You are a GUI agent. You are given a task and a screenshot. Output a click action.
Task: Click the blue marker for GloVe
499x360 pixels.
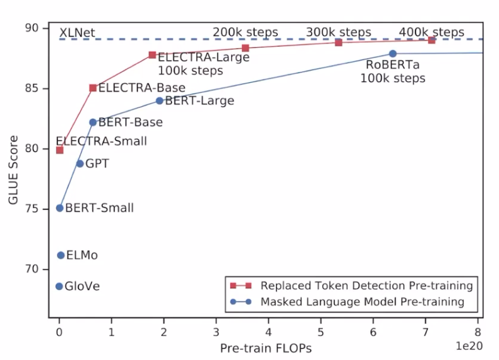59,286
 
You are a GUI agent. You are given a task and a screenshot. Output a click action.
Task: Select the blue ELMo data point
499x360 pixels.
61,255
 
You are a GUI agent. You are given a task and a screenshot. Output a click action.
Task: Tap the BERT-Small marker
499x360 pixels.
59,208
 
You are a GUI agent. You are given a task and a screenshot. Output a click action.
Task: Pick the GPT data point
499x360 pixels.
80,164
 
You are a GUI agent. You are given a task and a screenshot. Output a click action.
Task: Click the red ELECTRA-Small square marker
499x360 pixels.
59,150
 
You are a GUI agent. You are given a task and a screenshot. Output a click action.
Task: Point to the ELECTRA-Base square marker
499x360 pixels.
93,88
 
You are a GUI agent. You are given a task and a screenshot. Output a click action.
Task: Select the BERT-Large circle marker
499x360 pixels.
159,100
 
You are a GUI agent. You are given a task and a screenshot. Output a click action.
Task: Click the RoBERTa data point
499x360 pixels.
392,54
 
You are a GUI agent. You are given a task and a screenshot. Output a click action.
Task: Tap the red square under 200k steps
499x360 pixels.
245,48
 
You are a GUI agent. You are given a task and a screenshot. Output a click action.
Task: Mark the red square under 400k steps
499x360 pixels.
431,40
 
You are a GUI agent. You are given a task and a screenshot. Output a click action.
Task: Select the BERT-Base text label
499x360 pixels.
131,122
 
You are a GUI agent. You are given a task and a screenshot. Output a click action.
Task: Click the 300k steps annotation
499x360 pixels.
339,32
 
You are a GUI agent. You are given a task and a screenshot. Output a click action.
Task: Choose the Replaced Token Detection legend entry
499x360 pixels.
366,285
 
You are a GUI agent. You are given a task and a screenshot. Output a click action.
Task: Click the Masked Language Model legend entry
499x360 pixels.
362,302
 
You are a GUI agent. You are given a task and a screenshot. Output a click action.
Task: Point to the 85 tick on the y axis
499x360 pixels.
37,88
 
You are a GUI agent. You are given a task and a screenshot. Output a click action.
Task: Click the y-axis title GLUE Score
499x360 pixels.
14,171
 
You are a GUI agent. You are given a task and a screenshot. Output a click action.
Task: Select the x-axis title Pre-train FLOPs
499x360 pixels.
265,347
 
